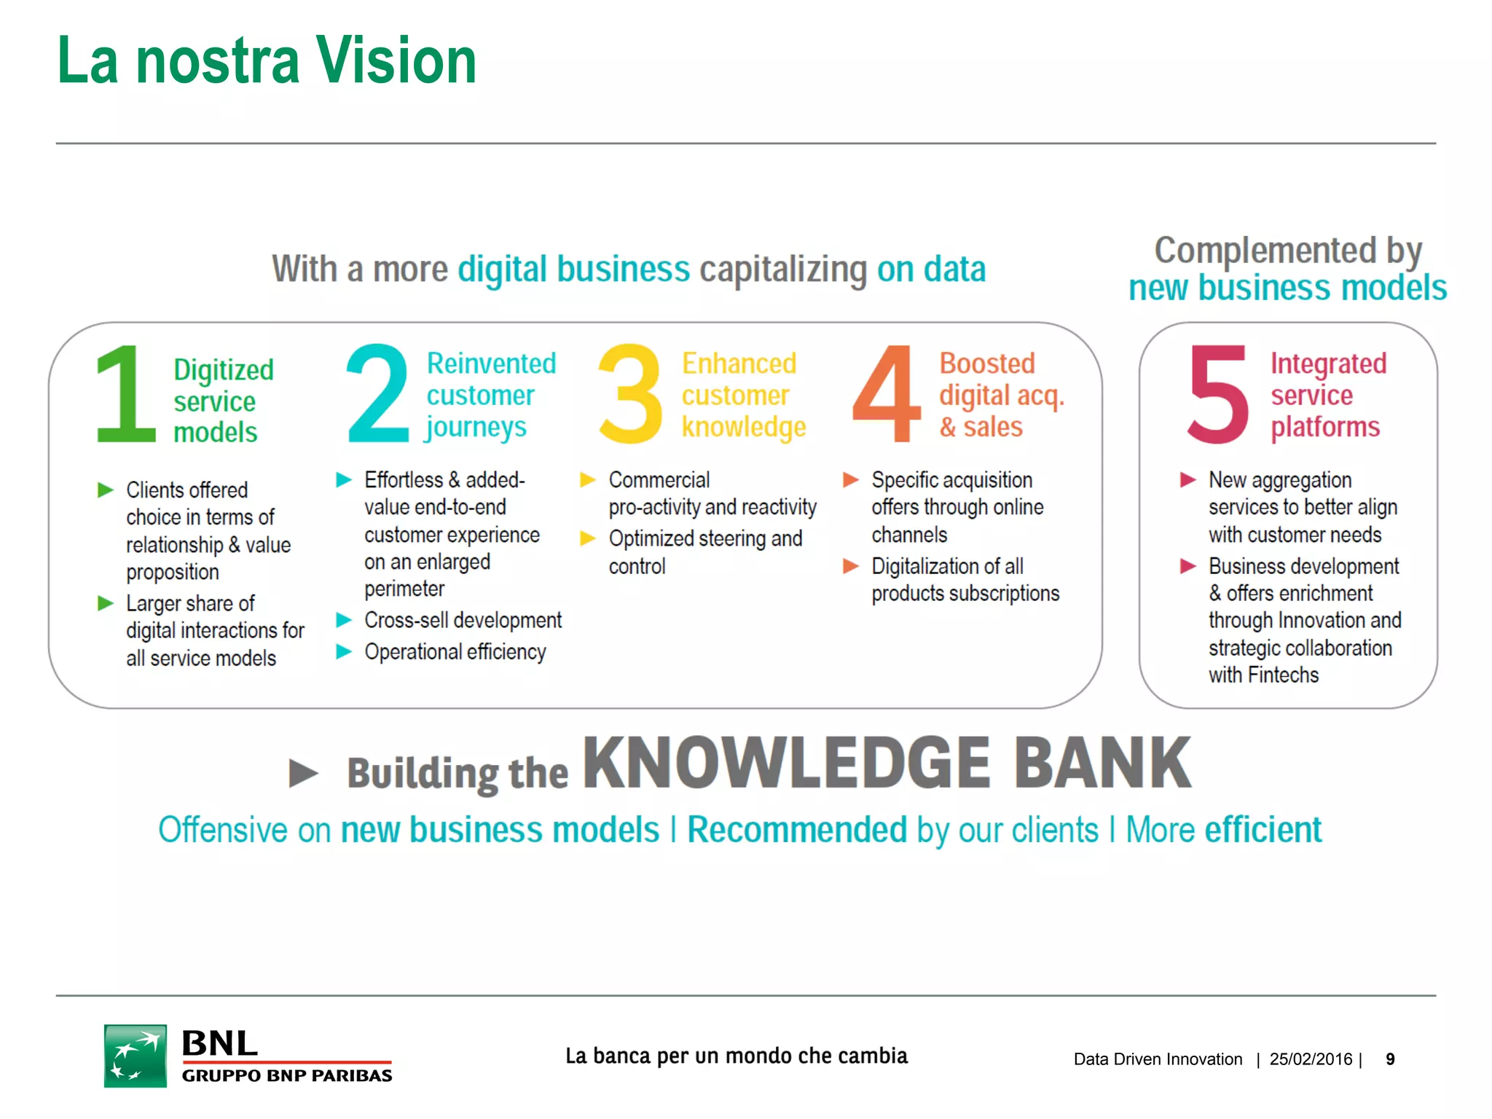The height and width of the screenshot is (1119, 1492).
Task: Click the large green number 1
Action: pyautogui.click(x=125, y=394)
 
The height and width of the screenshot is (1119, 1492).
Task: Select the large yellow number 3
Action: pyautogui.click(x=631, y=394)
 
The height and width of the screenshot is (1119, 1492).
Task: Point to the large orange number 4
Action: pyautogui.click(x=887, y=394)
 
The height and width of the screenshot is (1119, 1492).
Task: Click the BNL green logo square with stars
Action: pyautogui.click(x=136, y=1056)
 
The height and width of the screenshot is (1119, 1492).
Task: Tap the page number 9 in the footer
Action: pyautogui.click(x=1390, y=1059)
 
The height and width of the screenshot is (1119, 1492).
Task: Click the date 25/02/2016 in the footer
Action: pyautogui.click(x=1311, y=1059)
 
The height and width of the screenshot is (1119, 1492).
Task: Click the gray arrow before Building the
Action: pyautogui.click(x=304, y=773)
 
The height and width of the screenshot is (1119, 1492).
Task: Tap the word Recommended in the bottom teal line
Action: pyautogui.click(x=797, y=830)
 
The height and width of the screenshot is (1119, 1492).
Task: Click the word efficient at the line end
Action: pyautogui.click(x=1263, y=830)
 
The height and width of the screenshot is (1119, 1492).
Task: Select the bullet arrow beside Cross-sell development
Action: pyautogui.click(x=344, y=620)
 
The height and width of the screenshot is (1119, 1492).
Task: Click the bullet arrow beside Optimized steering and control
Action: pyautogui.click(x=588, y=538)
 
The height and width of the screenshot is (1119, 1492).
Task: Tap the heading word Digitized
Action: pyautogui.click(x=224, y=370)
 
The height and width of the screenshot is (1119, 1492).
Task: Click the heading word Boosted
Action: pyautogui.click(x=987, y=363)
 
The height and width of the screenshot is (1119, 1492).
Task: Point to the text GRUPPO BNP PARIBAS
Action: pyautogui.click(x=287, y=1076)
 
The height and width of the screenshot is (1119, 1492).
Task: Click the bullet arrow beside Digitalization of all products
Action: pyautogui.click(x=851, y=566)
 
